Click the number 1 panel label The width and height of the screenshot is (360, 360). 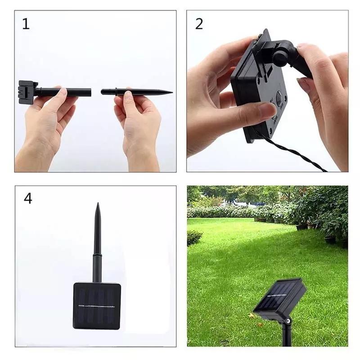[26, 24]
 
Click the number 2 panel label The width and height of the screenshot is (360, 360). [199, 24]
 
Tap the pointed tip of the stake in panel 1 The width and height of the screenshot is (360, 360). [172, 92]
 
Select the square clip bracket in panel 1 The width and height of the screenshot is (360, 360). [27, 92]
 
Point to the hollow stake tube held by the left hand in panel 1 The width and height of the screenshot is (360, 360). [64, 92]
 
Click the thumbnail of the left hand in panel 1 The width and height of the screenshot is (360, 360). [63, 93]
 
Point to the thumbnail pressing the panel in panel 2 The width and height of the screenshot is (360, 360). [269, 110]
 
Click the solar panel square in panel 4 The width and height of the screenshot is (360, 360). [97, 306]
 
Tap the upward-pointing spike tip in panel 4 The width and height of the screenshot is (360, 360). [98, 203]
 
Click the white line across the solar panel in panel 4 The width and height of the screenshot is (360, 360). [96, 306]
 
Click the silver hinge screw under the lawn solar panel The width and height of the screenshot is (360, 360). [288, 320]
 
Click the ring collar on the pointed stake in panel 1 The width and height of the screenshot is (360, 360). [116, 92]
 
